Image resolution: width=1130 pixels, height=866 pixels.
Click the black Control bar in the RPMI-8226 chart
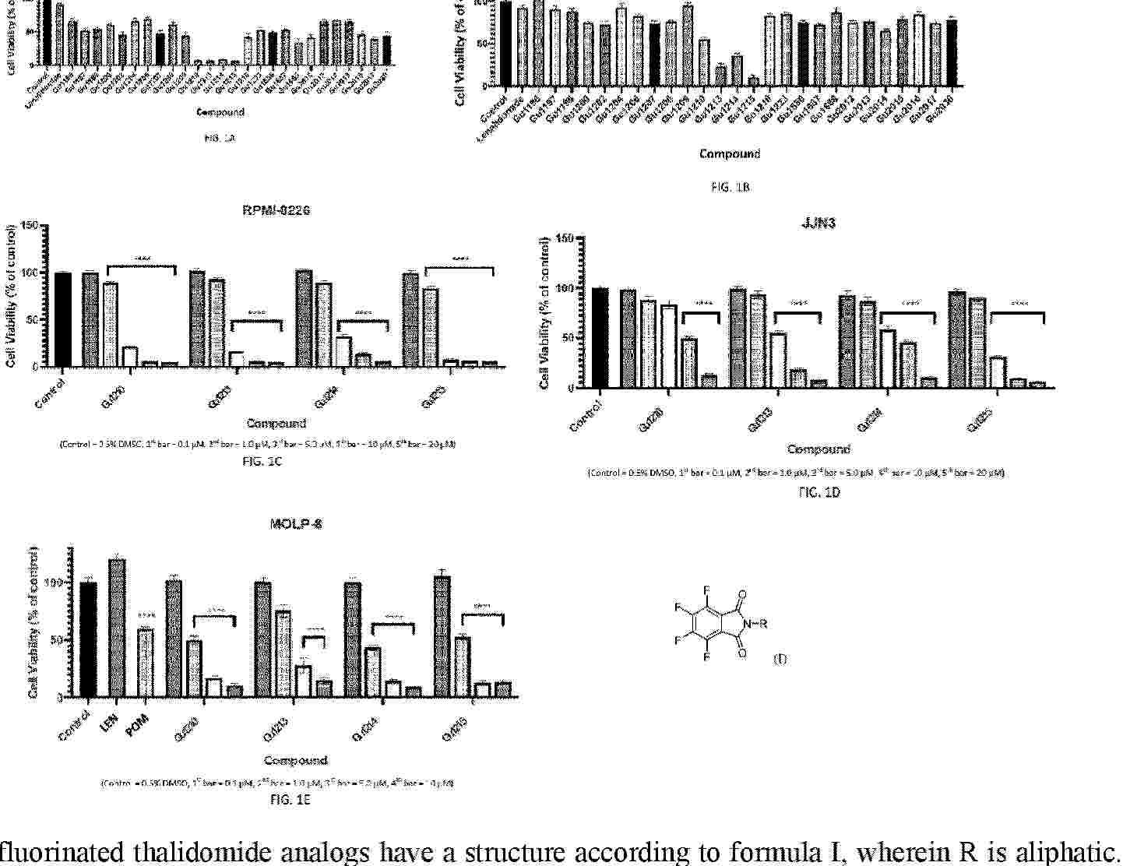pos(63,319)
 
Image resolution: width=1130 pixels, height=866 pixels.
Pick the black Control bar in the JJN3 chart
pos(600,338)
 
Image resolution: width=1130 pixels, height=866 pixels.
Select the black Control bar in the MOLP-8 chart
pos(88,639)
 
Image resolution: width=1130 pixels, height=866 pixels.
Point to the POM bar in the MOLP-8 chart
pos(145,663)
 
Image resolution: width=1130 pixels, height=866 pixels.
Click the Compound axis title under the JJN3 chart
pos(818,449)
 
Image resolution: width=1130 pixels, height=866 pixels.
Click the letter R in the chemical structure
pos(763,623)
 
